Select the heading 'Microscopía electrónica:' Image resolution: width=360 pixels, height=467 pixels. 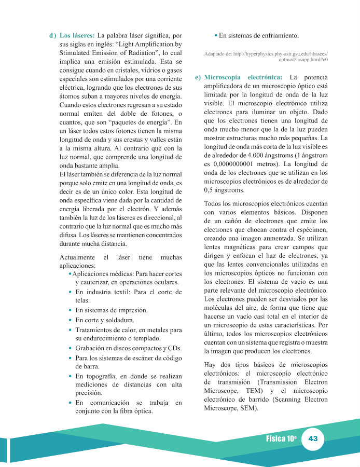243,77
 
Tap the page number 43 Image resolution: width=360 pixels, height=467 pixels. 313,438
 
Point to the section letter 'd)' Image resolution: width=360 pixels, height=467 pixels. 52,36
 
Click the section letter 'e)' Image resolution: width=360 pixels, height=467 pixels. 198,77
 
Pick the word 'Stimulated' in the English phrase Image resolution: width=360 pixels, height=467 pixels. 77,53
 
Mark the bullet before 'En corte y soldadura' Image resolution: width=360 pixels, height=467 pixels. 70,320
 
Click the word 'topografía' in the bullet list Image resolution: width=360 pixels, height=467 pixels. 103,375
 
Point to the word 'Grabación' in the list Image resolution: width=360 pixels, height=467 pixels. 91,348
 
